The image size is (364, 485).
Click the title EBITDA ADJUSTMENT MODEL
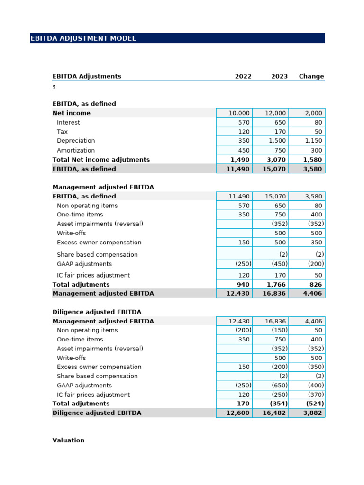point(83,38)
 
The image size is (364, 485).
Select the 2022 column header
point(243,76)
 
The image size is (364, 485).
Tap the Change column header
point(311,76)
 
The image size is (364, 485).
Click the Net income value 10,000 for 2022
point(238,113)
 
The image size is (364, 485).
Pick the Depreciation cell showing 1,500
point(276,141)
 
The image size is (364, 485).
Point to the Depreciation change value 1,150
point(312,141)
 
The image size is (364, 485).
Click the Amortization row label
point(76,150)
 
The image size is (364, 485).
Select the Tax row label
point(62,132)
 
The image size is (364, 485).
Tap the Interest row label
point(68,122)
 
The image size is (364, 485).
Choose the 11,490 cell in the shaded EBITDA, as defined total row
point(238,169)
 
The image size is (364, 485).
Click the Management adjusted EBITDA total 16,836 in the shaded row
point(274,294)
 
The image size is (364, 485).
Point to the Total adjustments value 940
point(242,285)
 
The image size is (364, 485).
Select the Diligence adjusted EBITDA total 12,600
point(238,413)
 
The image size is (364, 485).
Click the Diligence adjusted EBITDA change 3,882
point(312,413)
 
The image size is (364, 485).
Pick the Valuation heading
point(68,440)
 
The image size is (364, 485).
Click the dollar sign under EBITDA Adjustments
point(54,87)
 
